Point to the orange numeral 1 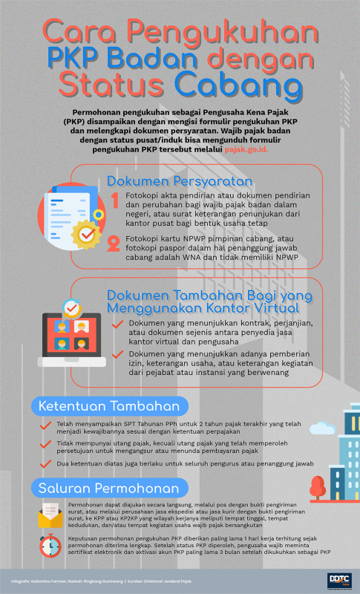click(x=115, y=200)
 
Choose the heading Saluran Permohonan click(x=108, y=488)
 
